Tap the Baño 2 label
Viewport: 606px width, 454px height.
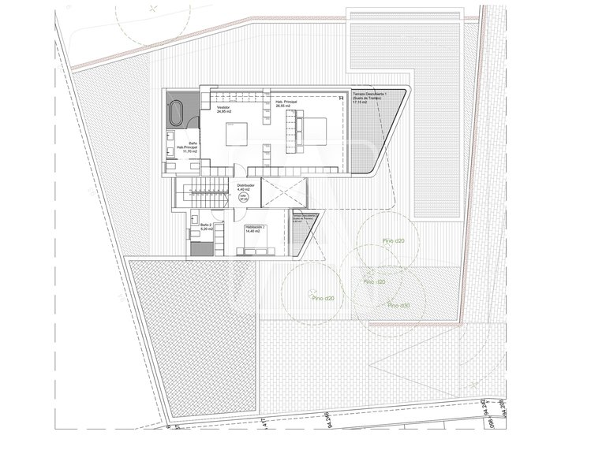(206, 225)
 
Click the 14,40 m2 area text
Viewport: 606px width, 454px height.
(255, 231)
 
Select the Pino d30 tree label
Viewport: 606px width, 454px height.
(395, 305)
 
